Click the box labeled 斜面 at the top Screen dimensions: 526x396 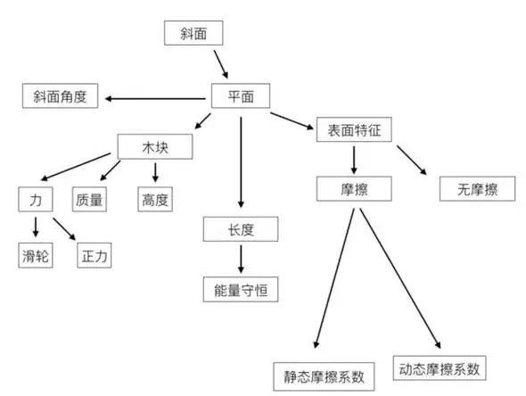pyautogui.click(x=193, y=33)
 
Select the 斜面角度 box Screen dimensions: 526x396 pyautogui.click(x=60, y=96)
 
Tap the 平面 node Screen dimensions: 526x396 pyautogui.click(x=241, y=96)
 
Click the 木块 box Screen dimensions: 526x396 pyautogui.click(x=155, y=146)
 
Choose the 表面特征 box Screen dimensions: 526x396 pyautogui.click(x=354, y=129)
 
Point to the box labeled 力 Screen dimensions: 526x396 pyautogui.click(x=36, y=200)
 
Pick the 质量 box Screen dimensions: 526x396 pyautogui.click(x=89, y=200)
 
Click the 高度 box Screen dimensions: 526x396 pyautogui.click(x=155, y=200)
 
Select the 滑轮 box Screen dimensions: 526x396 pyautogui.click(x=36, y=255)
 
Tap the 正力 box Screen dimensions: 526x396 pyautogui.click(x=95, y=255)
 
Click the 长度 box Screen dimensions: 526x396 pyautogui.click(x=241, y=229)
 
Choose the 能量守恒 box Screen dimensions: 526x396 pyautogui.click(x=241, y=289)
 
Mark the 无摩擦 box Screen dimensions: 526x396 pyautogui.click(x=477, y=188)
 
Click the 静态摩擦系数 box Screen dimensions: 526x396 pyautogui.click(x=324, y=376)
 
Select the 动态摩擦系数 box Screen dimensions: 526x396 pyautogui.click(x=440, y=368)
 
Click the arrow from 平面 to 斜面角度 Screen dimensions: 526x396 pyautogui.click(x=155, y=99)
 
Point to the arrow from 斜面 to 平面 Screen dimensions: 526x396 pyautogui.click(x=221, y=64)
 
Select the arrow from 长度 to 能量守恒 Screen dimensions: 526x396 pyautogui.click(x=241, y=259)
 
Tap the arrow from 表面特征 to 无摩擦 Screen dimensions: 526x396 pyautogui.click(x=412, y=160)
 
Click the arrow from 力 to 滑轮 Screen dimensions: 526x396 pyautogui.click(x=36, y=227)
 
